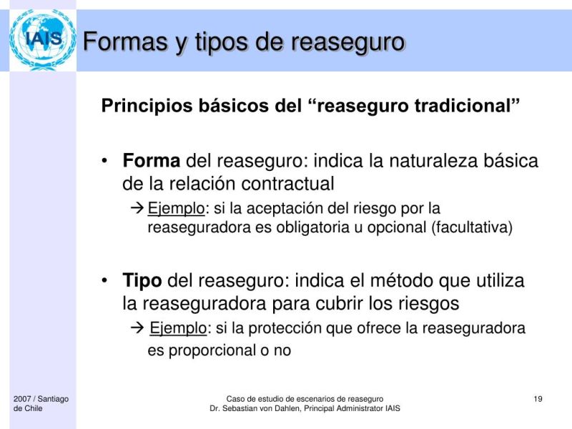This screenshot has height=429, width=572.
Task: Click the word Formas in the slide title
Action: [x=127, y=42]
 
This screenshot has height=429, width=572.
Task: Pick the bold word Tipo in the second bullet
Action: [x=142, y=280]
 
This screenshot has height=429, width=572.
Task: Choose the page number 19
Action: [x=538, y=398]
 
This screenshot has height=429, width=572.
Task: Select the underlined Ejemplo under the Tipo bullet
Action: [x=178, y=329]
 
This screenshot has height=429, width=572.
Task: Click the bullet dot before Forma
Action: [x=106, y=160]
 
